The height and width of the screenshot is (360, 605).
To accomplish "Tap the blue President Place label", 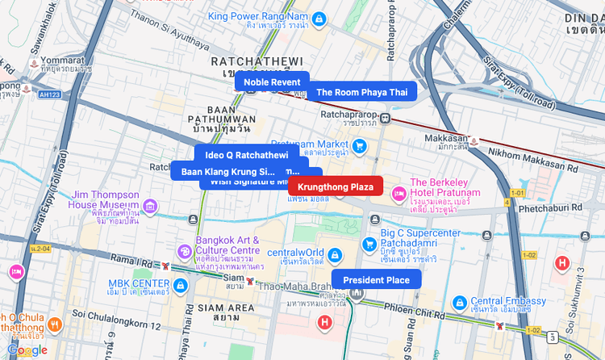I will (376, 280).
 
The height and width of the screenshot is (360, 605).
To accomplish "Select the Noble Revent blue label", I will (272, 82).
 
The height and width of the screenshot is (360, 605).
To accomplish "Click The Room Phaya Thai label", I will (361, 92).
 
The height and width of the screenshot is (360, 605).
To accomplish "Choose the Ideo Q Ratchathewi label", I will (246, 154).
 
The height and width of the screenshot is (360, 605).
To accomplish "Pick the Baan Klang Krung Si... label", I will (228, 171).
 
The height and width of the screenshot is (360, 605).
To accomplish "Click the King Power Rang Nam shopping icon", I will (319, 18).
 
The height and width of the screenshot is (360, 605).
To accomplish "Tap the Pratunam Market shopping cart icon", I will (360, 146).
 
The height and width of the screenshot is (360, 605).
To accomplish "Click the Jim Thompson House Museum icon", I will (150, 208).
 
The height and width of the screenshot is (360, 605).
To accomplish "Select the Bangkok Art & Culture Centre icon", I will (184, 251).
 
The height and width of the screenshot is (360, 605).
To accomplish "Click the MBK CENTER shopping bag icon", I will (180, 284).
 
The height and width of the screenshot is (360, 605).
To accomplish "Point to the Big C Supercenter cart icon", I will (369, 244).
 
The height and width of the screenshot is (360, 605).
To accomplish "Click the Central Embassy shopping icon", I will (459, 302).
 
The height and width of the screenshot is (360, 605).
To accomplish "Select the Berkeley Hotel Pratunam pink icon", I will (398, 194).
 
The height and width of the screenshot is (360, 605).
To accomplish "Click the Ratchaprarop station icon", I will (386, 119).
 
